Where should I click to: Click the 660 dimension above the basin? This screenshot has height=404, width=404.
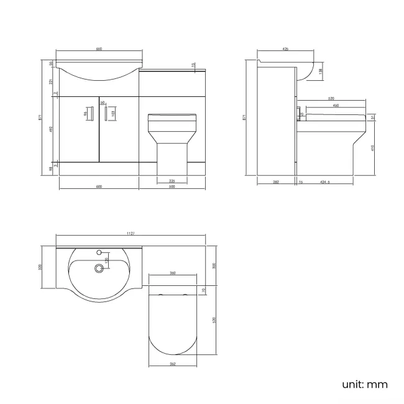pyautogui.click(x=98, y=49)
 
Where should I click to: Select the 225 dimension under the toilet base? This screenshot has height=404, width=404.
pyautogui.click(x=170, y=181)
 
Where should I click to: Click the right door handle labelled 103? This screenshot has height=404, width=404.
pyautogui.click(x=105, y=113)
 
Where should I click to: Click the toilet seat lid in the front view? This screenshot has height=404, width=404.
pyautogui.click(x=172, y=116)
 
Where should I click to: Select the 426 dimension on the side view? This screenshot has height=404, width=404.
pyautogui.click(x=285, y=49)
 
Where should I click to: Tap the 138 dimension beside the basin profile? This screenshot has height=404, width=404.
pyautogui.click(x=320, y=71)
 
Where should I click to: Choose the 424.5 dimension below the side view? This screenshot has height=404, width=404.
pyautogui.click(x=324, y=182)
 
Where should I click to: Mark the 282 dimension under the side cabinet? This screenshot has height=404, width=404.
pyautogui.click(x=276, y=182)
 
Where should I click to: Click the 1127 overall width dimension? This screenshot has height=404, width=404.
pyautogui.click(x=130, y=234)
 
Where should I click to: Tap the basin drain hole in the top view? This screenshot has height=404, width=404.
pyautogui.click(x=98, y=269)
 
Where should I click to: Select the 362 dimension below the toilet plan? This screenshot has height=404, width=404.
pyautogui.click(x=172, y=363)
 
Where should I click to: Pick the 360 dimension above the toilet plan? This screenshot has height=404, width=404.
pyautogui.click(x=172, y=273)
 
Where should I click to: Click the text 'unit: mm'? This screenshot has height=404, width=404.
pyautogui.click(x=365, y=384)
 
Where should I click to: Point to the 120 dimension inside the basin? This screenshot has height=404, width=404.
pyautogui.click(x=106, y=261)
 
